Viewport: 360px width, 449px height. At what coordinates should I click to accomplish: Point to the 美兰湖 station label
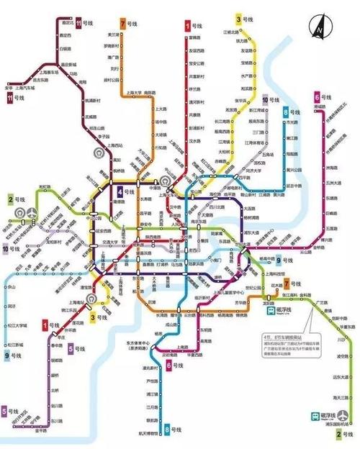pyautogui.click(x=113, y=34)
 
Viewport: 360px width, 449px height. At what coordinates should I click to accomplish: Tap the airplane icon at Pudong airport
pyautogui.click(x=315, y=416)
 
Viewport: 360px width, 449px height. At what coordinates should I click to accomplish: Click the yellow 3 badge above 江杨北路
pyautogui.click(x=238, y=18)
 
